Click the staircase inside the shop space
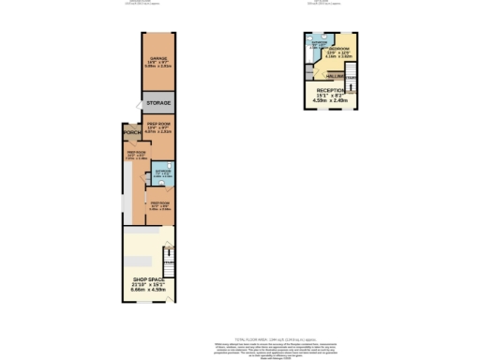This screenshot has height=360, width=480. pos(169,257)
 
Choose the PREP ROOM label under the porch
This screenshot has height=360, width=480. pos(136,152)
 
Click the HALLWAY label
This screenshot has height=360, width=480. pos(335,77)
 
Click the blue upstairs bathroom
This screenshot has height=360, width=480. pos(319,44)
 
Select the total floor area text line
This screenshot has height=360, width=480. pos(239,340)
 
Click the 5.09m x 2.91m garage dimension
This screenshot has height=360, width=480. pos(157,67)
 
